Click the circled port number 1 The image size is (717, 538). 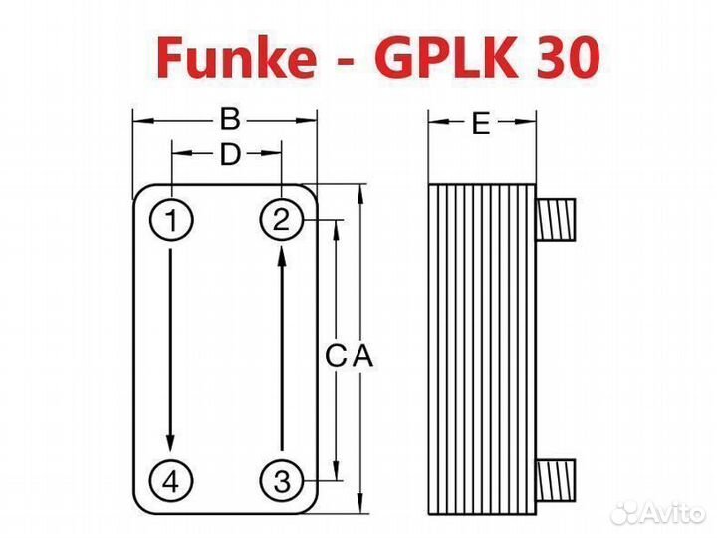pos(172,220)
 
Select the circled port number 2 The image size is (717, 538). pos(282,220)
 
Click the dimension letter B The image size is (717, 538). pos(230,121)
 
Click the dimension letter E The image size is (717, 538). pos(481,124)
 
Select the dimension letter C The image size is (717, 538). pos(338,354)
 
